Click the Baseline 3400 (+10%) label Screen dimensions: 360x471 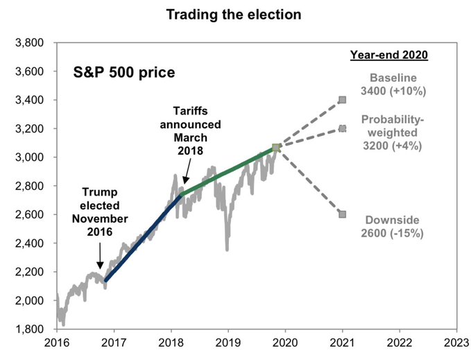(393, 83)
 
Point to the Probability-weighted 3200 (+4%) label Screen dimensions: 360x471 (393, 132)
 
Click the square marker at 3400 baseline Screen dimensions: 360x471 (342, 100)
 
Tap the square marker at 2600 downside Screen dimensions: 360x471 (342, 214)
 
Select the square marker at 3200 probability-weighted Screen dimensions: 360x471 (342, 128)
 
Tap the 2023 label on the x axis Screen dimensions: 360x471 (456, 342)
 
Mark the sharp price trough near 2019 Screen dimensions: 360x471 (227, 248)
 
